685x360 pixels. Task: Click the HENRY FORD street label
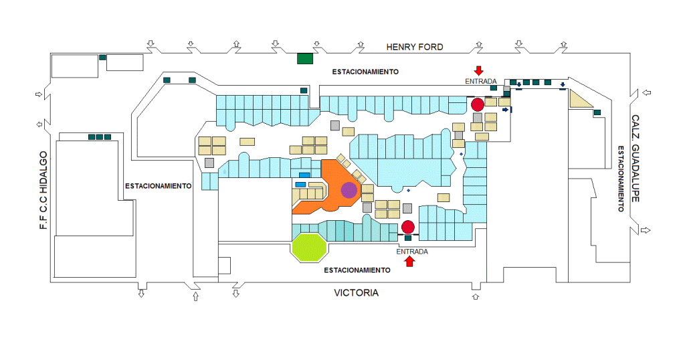pyautogui.click(x=415, y=47)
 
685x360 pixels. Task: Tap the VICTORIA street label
pyautogui.click(x=356, y=292)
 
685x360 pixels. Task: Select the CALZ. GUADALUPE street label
pyautogui.click(x=635, y=159)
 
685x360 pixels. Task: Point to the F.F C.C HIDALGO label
pyautogui.click(x=43, y=190)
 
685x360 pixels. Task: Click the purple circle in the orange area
pyautogui.click(x=349, y=190)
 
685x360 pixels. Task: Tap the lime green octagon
pyautogui.click(x=309, y=248)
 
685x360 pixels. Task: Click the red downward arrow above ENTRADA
pyautogui.click(x=479, y=70)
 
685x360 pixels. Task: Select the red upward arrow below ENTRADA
pyautogui.click(x=409, y=261)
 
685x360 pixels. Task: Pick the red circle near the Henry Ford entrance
pyautogui.click(x=478, y=104)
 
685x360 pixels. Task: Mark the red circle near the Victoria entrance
pyautogui.click(x=408, y=228)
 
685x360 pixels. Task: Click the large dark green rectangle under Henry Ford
pyautogui.click(x=305, y=58)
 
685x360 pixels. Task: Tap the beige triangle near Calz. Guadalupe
pyautogui.click(x=579, y=100)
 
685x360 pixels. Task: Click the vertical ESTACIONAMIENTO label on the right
pyautogui.click(x=621, y=179)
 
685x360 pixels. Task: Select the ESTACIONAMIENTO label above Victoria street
pyautogui.click(x=357, y=270)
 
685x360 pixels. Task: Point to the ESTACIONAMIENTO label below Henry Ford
pyautogui.click(x=365, y=72)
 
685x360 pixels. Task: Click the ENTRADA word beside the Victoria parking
pyautogui.click(x=412, y=252)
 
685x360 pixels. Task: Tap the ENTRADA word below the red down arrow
pyautogui.click(x=480, y=81)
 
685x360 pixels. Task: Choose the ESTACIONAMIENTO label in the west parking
pyautogui.click(x=158, y=186)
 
